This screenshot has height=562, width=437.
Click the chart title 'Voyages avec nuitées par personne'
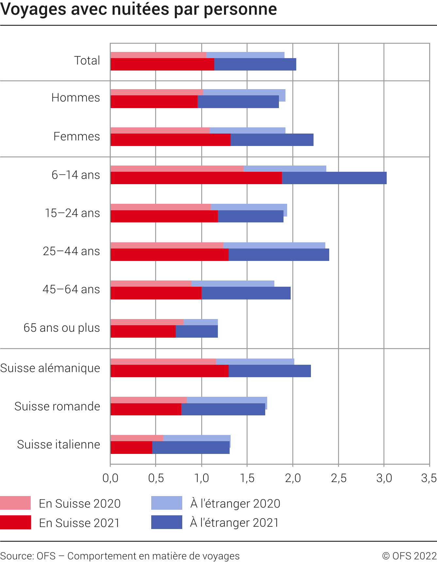(x=138, y=9)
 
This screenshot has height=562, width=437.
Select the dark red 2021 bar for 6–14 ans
(x=196, y=178)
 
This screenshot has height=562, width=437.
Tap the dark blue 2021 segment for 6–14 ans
(x=334, y=178)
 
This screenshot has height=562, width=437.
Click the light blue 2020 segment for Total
(x=245, y=55)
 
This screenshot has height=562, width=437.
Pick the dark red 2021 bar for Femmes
(x=170, y=140)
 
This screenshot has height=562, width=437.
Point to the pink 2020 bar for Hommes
(x=156, y=92)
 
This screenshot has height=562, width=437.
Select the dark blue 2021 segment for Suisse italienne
(x=191, y=447)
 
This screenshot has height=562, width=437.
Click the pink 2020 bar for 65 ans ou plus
(x=147, y=322)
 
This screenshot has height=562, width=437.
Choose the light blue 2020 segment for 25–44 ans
(x=274, y=245)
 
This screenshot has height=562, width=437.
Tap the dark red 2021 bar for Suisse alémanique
(x=169, y=371)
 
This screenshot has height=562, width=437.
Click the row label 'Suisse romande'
(x=57, y=406)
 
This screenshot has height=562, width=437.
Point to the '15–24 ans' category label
(x=72, y=213)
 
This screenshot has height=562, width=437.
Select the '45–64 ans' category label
(x=71, y=289)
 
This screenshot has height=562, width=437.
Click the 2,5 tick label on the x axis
(x=339, y=478)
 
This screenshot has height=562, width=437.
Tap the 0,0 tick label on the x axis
(x=110, y=478)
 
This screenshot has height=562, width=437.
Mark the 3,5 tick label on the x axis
(x=429, y=478)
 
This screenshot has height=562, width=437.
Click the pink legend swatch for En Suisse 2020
(x=15, y=503)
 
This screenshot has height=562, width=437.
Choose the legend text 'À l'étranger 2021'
(x=235, y=522)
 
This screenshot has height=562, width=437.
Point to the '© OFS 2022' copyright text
(x=409, y=556)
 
